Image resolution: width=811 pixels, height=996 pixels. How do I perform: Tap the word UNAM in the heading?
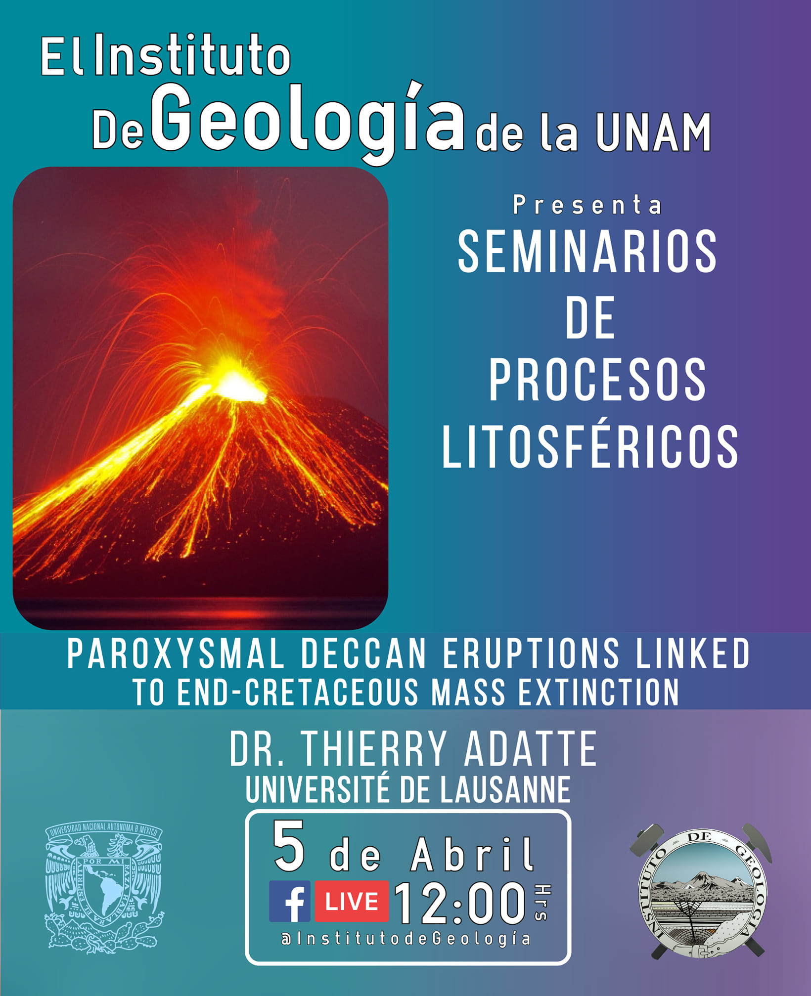tap(653, 133)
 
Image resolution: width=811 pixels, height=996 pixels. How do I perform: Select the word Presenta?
tap(587, 205)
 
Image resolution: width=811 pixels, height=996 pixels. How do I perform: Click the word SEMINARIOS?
tap(587, 252)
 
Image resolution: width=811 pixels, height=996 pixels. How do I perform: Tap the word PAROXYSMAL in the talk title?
tap(176, 653)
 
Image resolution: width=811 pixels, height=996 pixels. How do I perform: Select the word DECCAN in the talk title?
tap(363, 653)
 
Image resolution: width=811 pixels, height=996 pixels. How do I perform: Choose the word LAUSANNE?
tap(505, 790)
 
